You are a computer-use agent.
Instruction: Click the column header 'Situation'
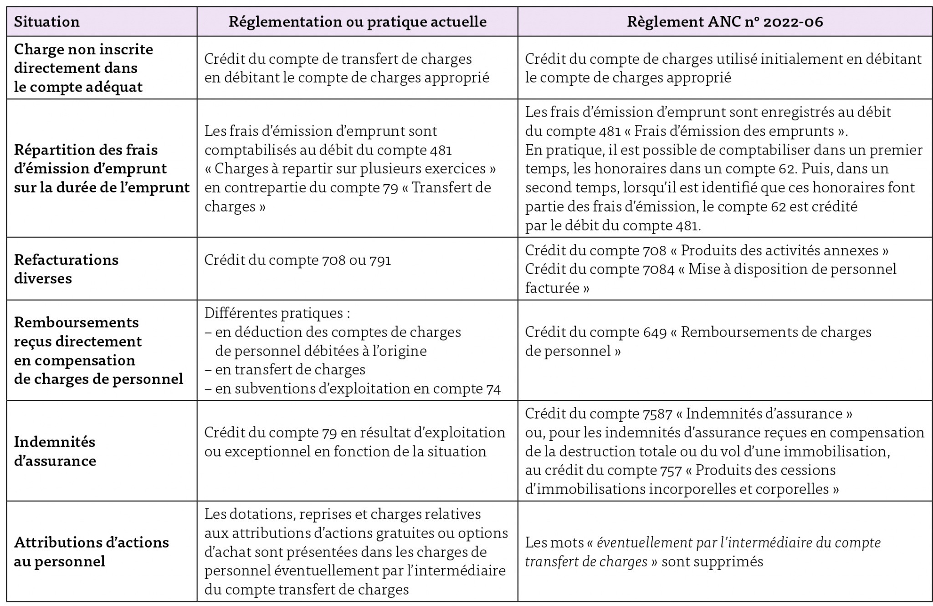click(46, 22)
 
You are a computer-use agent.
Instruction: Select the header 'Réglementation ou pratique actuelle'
click(357, 22)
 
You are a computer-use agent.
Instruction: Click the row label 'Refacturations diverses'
click(66, 269)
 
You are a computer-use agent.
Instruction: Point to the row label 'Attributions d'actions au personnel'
click(91, 551)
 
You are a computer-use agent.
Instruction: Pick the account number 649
click(655, 332)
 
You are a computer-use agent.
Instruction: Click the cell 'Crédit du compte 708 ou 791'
click(297, 260)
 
